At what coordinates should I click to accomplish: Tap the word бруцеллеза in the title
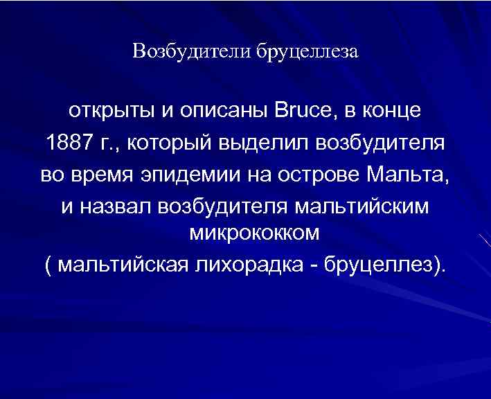308,52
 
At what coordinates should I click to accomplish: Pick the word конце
392,111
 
